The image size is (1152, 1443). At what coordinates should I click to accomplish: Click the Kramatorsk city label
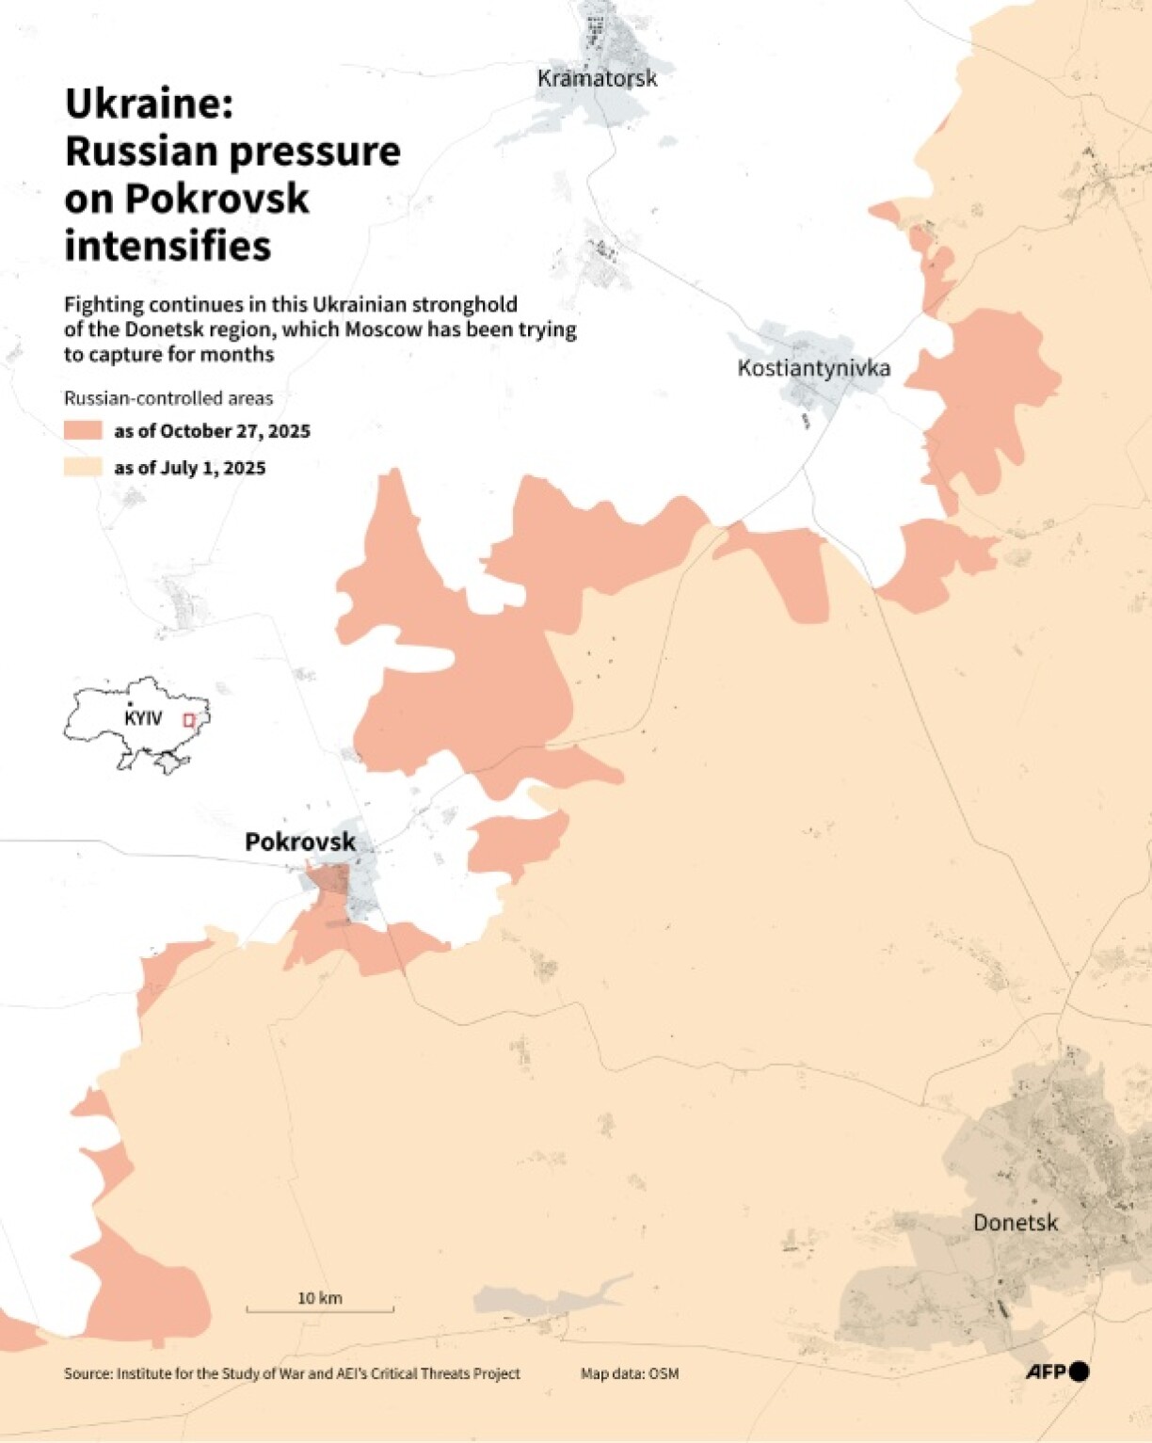[597, 78]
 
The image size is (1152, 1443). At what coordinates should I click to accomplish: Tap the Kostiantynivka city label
[813, 367]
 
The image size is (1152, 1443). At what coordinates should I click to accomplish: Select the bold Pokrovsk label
[300, 842]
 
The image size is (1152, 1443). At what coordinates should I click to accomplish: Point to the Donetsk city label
[1015, 1223]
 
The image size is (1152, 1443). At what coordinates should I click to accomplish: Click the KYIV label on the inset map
[143, 718]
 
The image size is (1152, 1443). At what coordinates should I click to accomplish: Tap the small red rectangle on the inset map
[188, 720]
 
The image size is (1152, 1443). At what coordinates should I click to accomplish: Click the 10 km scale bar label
[320, 1298]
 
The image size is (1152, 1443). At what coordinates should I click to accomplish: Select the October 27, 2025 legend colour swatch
[83, 431]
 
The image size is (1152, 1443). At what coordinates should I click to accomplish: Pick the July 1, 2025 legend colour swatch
[83, 468]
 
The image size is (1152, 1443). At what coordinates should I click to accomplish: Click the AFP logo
[1057, 1371]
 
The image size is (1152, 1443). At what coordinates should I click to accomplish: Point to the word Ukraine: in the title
[149, 104]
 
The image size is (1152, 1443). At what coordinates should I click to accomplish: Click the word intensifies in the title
[168, 247]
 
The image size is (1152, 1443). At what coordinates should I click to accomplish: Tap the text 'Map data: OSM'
[629, 1374]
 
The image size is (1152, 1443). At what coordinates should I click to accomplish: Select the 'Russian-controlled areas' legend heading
[168, 398]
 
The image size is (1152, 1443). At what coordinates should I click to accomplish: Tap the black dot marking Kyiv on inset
[130, 705]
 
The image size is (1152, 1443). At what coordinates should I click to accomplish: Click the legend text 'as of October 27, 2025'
[212, 431]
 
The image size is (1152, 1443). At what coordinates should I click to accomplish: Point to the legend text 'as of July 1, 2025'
[189, 468]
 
